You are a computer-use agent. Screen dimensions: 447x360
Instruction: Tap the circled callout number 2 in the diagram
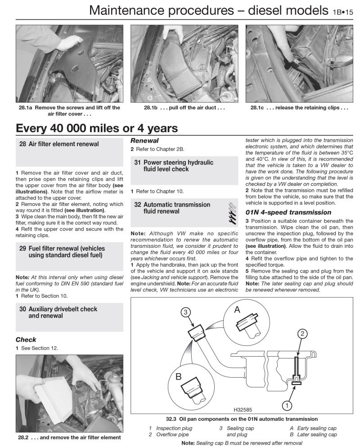[x=302, y=333]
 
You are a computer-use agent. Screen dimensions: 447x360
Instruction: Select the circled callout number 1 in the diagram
[x=285, y=405]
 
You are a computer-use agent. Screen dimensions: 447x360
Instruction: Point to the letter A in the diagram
[x=238, y=310]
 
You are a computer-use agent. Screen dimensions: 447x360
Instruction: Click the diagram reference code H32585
[x=244, y=410]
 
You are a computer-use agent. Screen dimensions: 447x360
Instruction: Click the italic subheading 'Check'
[x=26, y=340]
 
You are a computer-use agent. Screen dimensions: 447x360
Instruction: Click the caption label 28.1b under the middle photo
[x=152, y=108]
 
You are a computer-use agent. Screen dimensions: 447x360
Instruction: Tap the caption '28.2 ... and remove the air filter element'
[x=69, y=437]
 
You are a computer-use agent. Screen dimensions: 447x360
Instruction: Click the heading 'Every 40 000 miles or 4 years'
[x=96, y=128]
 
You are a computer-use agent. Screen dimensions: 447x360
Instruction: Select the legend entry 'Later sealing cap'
[x=317, y=434]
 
